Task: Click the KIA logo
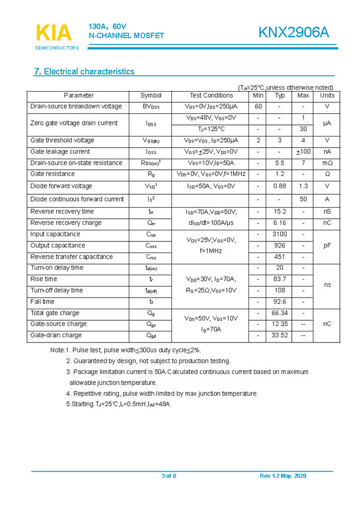[x=54, y=33]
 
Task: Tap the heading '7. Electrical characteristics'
[x=84, y=72]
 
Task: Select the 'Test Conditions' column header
[x=211, y=95]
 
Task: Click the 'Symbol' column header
[x=151, y=95]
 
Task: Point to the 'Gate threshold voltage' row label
[x=62, y=140]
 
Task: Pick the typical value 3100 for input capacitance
[x=280, y=234]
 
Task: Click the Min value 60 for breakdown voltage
[x=258, y=107]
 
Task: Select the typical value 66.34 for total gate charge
[x=280, y=313]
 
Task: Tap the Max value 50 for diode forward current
[x=303, y=199]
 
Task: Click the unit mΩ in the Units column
[x=327, y=163]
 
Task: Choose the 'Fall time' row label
[x=42, y=302]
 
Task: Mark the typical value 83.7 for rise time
[x=280, y=279]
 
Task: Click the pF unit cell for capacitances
[x=327, y=245]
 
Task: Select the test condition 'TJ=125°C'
[x=211, y=129]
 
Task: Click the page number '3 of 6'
[x=169, y=476]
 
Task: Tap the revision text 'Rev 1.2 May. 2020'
[x=282, y=476]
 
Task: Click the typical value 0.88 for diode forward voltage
[x=280, y=186]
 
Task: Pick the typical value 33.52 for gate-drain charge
[x=280, y=335]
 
